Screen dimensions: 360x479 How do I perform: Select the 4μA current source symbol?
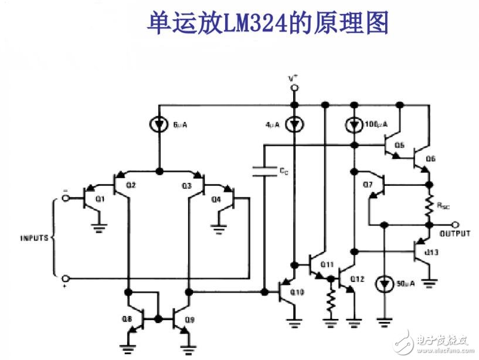click(x=295, y=125)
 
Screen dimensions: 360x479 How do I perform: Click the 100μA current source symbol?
click(x=354, y=125)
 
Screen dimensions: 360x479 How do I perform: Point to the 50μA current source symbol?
click(x=384, y=284)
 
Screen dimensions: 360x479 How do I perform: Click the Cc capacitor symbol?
click(x=265, y=171)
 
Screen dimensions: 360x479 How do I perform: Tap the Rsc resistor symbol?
click(x=429, y=205)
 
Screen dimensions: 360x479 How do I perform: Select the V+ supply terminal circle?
click(x=295, y=88)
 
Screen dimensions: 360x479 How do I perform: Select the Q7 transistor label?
click(x=368, y=185)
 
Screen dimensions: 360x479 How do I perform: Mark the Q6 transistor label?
click(x=430, y=158)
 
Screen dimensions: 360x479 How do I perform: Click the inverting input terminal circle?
click(x=65, y=198)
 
